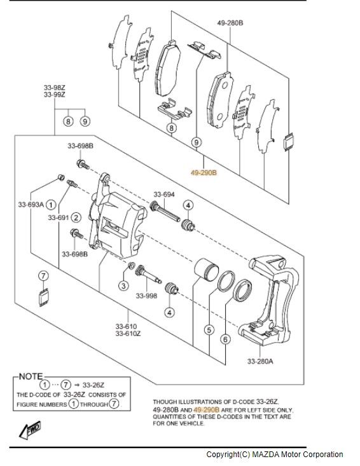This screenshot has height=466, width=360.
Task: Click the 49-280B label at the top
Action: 230,23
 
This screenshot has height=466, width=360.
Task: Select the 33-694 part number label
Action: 164,195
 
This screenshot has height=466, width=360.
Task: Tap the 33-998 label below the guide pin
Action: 146,296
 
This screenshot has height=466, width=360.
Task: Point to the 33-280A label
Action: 260,361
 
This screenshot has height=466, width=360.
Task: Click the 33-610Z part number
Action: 128,334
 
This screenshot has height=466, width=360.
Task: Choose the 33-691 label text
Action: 59,217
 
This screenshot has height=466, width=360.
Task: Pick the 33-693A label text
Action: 31,205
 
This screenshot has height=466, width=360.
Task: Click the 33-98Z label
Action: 55,88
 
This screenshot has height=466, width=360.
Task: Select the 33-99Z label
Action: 55,95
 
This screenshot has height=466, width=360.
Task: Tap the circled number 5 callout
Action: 209,330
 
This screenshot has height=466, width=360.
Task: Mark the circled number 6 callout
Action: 225,339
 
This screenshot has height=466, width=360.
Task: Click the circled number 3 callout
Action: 123,286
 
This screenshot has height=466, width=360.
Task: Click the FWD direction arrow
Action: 30,430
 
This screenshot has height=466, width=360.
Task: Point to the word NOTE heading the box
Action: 31,376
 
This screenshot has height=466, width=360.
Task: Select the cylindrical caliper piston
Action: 206,270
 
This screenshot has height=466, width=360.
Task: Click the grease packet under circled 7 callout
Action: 44,297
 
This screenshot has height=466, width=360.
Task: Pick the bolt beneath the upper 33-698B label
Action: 83,164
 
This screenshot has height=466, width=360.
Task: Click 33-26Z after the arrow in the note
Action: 93,385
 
